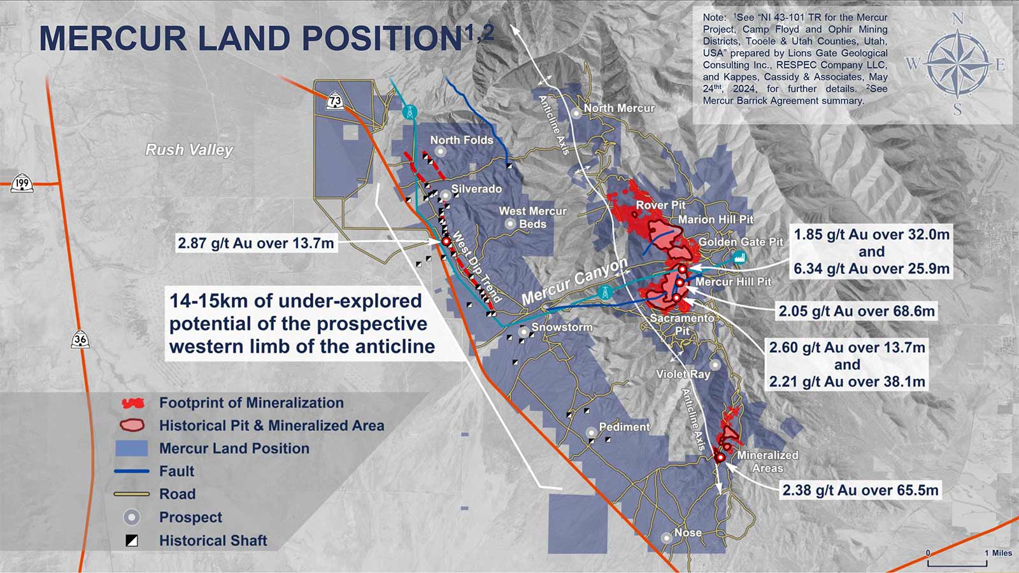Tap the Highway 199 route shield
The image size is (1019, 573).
(22, 183)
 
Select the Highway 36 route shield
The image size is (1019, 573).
(80, 339)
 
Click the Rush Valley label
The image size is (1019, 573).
(189, 150)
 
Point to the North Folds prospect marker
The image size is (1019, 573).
(440, 151)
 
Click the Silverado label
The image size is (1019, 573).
(476, 188)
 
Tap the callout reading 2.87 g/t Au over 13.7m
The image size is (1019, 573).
(256, 243)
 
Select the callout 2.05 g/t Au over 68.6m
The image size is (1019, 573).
(857, 311)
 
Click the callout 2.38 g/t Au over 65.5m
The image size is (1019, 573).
(860, 490)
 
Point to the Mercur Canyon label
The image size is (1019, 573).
(574, 282)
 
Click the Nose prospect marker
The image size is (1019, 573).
(666, 538)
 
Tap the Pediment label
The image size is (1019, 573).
(625, 427)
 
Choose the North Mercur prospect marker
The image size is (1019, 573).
(576, 113)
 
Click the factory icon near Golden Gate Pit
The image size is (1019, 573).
(739, 257)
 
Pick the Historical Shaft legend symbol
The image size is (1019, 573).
(132, 541)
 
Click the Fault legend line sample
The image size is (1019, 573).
(132, 471)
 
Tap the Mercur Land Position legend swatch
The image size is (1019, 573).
(131, 448)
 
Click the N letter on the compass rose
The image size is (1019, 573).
(958, 19)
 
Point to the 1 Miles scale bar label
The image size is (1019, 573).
(999, 553)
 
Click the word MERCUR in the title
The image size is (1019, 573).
(113, 38)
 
